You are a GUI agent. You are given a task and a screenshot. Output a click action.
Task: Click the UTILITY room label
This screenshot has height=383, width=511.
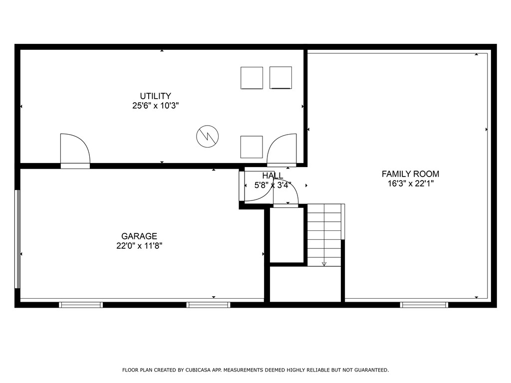pyautogui.click(x=155, y=96)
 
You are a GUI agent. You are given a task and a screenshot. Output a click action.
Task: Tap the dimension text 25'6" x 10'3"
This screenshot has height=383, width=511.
pyautogui.click(x=155, y=106)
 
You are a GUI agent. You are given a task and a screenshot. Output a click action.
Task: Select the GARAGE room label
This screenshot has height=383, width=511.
pyautogui.click(x=139, y=236)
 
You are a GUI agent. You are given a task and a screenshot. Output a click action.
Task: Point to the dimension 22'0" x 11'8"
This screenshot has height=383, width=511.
pyautogui.click(x=139, y=245)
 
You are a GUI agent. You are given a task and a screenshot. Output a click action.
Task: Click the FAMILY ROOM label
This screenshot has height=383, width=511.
pyautogui.click(x=410, y=174)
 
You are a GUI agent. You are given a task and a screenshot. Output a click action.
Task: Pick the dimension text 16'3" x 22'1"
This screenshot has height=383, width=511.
pyautogui.click(x=410, y=184)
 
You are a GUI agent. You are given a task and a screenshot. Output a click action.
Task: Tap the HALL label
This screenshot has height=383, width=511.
pyautogui.click(x=272, y=176)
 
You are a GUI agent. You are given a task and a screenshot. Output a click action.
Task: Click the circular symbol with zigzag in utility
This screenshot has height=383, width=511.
pyautogui.click(x=208, y=136)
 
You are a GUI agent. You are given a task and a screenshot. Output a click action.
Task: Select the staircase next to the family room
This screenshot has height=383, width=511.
pyautogui.click(x=325, y=234)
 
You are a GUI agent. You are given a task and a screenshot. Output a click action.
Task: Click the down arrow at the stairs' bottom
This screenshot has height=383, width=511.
pyautogui.click(x=324, y=263)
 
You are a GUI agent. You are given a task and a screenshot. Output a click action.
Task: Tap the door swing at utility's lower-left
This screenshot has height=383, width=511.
pyautogui.click(x=74, y=149)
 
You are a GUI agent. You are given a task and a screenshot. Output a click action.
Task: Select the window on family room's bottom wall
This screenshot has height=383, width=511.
pyautogui.click(x=424, y=305)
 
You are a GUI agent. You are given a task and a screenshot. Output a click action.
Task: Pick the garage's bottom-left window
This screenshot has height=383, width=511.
pyautogui.click(x=81, y=305)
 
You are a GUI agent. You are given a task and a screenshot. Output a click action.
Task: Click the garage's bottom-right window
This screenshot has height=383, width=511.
pyautogui.click(x=208, y=305)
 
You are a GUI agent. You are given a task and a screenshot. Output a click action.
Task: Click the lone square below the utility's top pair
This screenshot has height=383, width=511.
pyautogui.click(x=252, y=147)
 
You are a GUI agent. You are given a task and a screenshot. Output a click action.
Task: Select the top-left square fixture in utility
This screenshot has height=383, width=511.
pyautogui.click(x=252, y=78)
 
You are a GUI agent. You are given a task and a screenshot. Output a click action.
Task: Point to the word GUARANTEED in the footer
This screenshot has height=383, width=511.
pyautogui.click(x=370, y=370)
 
